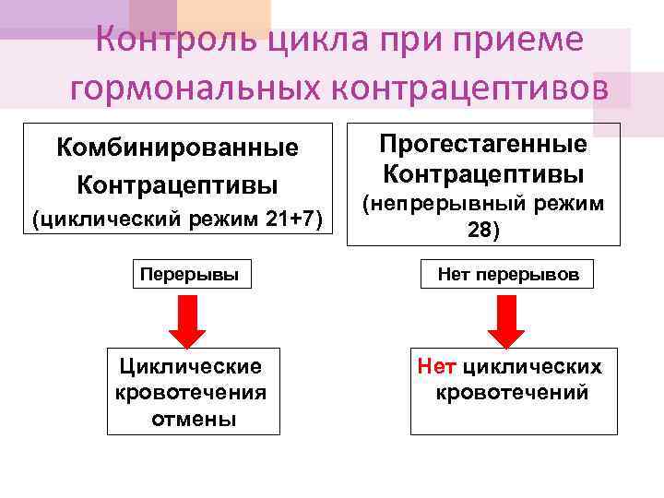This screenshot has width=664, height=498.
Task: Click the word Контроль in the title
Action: click(x=176, y=41)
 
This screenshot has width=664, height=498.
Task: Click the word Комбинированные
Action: click(x=177, y=148)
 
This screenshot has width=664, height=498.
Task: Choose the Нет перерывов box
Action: click(x=508, y=274)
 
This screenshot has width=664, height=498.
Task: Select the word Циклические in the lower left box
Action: click(x=189, y=367)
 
